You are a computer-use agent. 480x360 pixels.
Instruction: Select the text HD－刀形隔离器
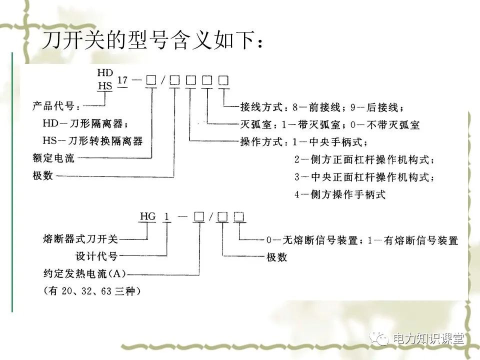point(83,123)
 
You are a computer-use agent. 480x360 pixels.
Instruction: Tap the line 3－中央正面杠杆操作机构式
point(364,177)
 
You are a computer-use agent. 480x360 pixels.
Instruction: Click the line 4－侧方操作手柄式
point(340,194)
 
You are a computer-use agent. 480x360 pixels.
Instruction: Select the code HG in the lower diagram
point(148,216)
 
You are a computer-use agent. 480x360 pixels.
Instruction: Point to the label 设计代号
point(96,256)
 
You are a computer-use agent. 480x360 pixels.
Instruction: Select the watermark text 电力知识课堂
point(428,339)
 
